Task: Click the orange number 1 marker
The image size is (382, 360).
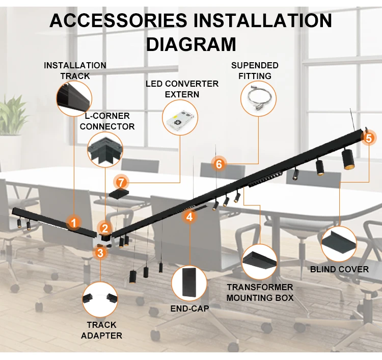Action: (x=74, y=222)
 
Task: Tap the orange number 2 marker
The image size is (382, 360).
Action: (x=105, y=228)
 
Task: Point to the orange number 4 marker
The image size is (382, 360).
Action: (x=189, y=217)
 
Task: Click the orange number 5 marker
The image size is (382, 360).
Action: (x=368, y=137)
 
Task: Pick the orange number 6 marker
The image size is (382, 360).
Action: (x=219, y=164)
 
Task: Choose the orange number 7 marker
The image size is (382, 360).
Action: (x=121, y=182)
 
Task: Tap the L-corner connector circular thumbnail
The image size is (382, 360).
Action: (x=105, y=150)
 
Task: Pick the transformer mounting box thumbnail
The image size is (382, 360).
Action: (x=259, y=262)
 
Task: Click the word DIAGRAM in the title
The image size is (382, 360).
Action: (x=191, y=44)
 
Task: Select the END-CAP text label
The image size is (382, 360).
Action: (x=189, y=308)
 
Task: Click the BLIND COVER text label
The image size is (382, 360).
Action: (x=339, y=269)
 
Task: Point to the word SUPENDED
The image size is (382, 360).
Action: (x=255, y=65)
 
